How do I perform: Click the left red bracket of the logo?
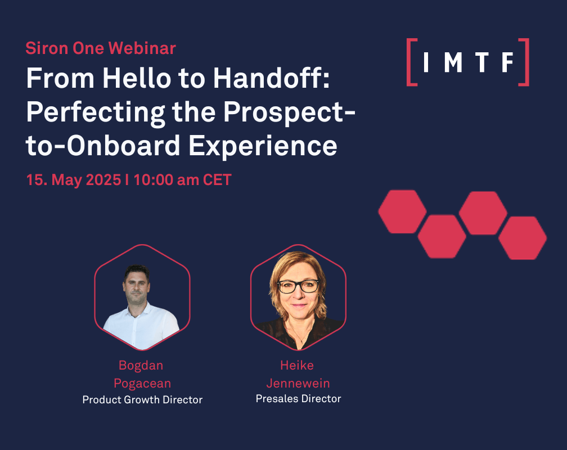click(411, 62)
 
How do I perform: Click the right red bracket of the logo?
click(524, 62)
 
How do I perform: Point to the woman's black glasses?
click(298, 286)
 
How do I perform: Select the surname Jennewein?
click(298, 383)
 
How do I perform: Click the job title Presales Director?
click(298, 399)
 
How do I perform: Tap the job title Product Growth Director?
click(142, 400)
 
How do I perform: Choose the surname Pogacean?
click(142, 384)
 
